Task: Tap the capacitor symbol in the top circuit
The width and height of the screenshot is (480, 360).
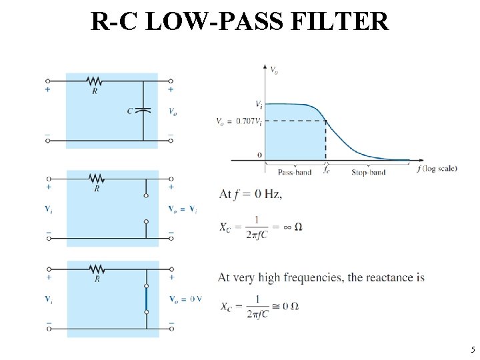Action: click(143, 111)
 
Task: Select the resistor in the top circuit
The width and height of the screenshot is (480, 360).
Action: click(95, 81)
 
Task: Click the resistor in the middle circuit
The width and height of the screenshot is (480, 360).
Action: click(97, 179)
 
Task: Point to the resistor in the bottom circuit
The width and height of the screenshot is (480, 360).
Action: click(97, 269)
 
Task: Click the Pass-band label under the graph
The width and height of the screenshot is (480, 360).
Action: click(294, 173)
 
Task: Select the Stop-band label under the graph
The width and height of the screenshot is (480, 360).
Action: click(368, 173)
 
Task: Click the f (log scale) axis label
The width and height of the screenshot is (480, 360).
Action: click(437, 169)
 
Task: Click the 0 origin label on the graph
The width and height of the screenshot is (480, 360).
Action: click(259, 155)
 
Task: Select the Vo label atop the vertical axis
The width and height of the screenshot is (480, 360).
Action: click(274, 69)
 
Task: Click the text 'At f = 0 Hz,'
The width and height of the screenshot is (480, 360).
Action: click(251, 194)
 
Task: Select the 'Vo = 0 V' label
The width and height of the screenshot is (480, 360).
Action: click(185, 298)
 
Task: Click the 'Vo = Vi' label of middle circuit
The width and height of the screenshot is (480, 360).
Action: click(183, 209)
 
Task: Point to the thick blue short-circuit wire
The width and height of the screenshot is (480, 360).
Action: click(146, 299)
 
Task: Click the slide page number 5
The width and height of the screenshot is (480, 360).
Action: click(471, 349)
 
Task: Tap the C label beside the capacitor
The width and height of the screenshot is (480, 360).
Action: click(130, 111)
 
